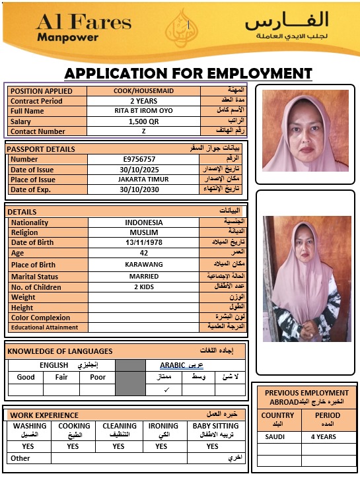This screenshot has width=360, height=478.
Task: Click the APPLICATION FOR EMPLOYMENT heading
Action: click(x=188, y=73)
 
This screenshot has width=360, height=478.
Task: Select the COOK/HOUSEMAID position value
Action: click(x=143, y=90)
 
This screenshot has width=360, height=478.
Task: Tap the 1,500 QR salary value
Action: click(x=143, y=121)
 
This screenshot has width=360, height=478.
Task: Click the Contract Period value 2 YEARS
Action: click(x=143, y=101)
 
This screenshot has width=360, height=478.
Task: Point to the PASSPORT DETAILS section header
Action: click(x=41, y=149)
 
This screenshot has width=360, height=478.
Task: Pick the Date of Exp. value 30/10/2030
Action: click(x=143, y=189)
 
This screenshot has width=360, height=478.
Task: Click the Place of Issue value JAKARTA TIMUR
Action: click(x=143, y=180)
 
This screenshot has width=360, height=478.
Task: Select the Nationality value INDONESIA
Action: click(x=143, y=222)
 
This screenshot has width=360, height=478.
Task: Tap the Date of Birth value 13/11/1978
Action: click(x=143, y=242)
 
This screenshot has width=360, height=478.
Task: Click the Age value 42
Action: click(x=143, y=252)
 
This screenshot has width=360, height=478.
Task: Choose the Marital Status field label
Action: click(x=34, y=277)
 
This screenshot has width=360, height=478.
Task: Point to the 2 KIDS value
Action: click(x=143, y=287)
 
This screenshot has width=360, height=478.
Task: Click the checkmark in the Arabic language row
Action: click(x=166, y=390)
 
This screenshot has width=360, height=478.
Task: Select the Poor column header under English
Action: click(x=97, y=377)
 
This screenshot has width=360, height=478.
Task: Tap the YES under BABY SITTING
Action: click(x=212, y=446)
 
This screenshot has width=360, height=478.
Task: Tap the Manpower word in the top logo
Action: click(x=67, y=37)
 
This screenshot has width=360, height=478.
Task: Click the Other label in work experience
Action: click(x=20, y=458)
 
